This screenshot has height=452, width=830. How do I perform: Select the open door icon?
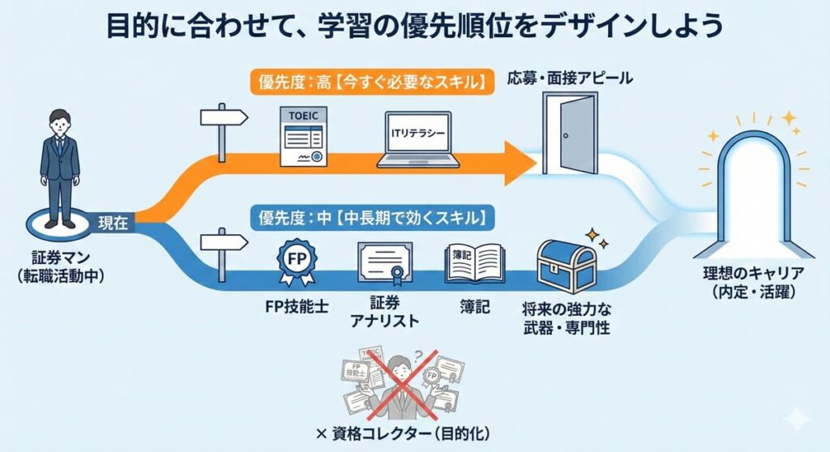tap(567, 134)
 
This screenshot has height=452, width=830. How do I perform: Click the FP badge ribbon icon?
tap(296, 262)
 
